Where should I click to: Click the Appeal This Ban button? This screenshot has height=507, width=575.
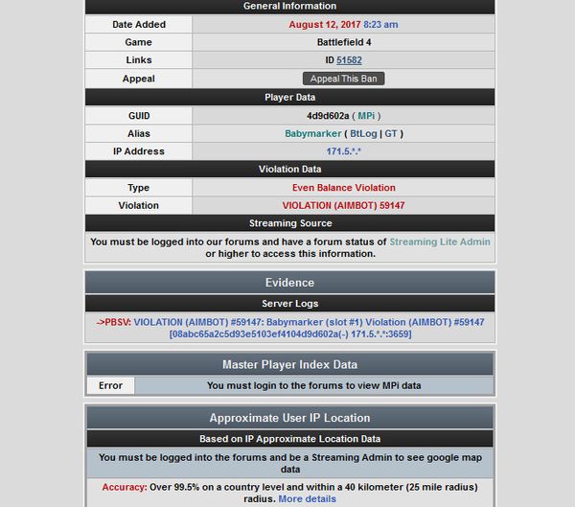pos(343,79)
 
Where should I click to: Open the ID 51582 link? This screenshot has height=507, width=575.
pos(349,60)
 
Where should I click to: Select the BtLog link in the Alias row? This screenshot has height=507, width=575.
pos(364,134)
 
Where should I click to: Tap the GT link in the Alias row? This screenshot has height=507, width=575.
pos(392,134)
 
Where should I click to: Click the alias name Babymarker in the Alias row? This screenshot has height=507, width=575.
pos(313,134)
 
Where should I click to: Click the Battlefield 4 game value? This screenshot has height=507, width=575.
pos(343,42)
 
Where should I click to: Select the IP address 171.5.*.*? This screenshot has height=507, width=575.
pos(343,151)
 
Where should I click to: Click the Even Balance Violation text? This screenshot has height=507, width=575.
pos(343,188)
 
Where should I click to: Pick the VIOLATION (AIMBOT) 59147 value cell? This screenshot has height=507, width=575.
pos(343,205)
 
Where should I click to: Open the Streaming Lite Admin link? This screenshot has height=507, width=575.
pos(440,242)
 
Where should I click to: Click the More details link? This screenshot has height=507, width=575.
pos(307,499)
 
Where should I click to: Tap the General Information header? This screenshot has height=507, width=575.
pos(289,6)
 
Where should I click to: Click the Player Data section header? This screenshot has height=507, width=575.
pos(289,97)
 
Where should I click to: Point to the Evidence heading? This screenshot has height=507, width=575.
pos(289,283)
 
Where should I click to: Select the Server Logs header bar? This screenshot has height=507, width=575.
pos(289,303)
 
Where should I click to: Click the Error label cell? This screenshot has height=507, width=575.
pos(110,386)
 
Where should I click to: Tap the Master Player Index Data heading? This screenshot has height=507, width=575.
pos(289,364)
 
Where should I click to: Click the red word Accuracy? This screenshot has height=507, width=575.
pos(124,487)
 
